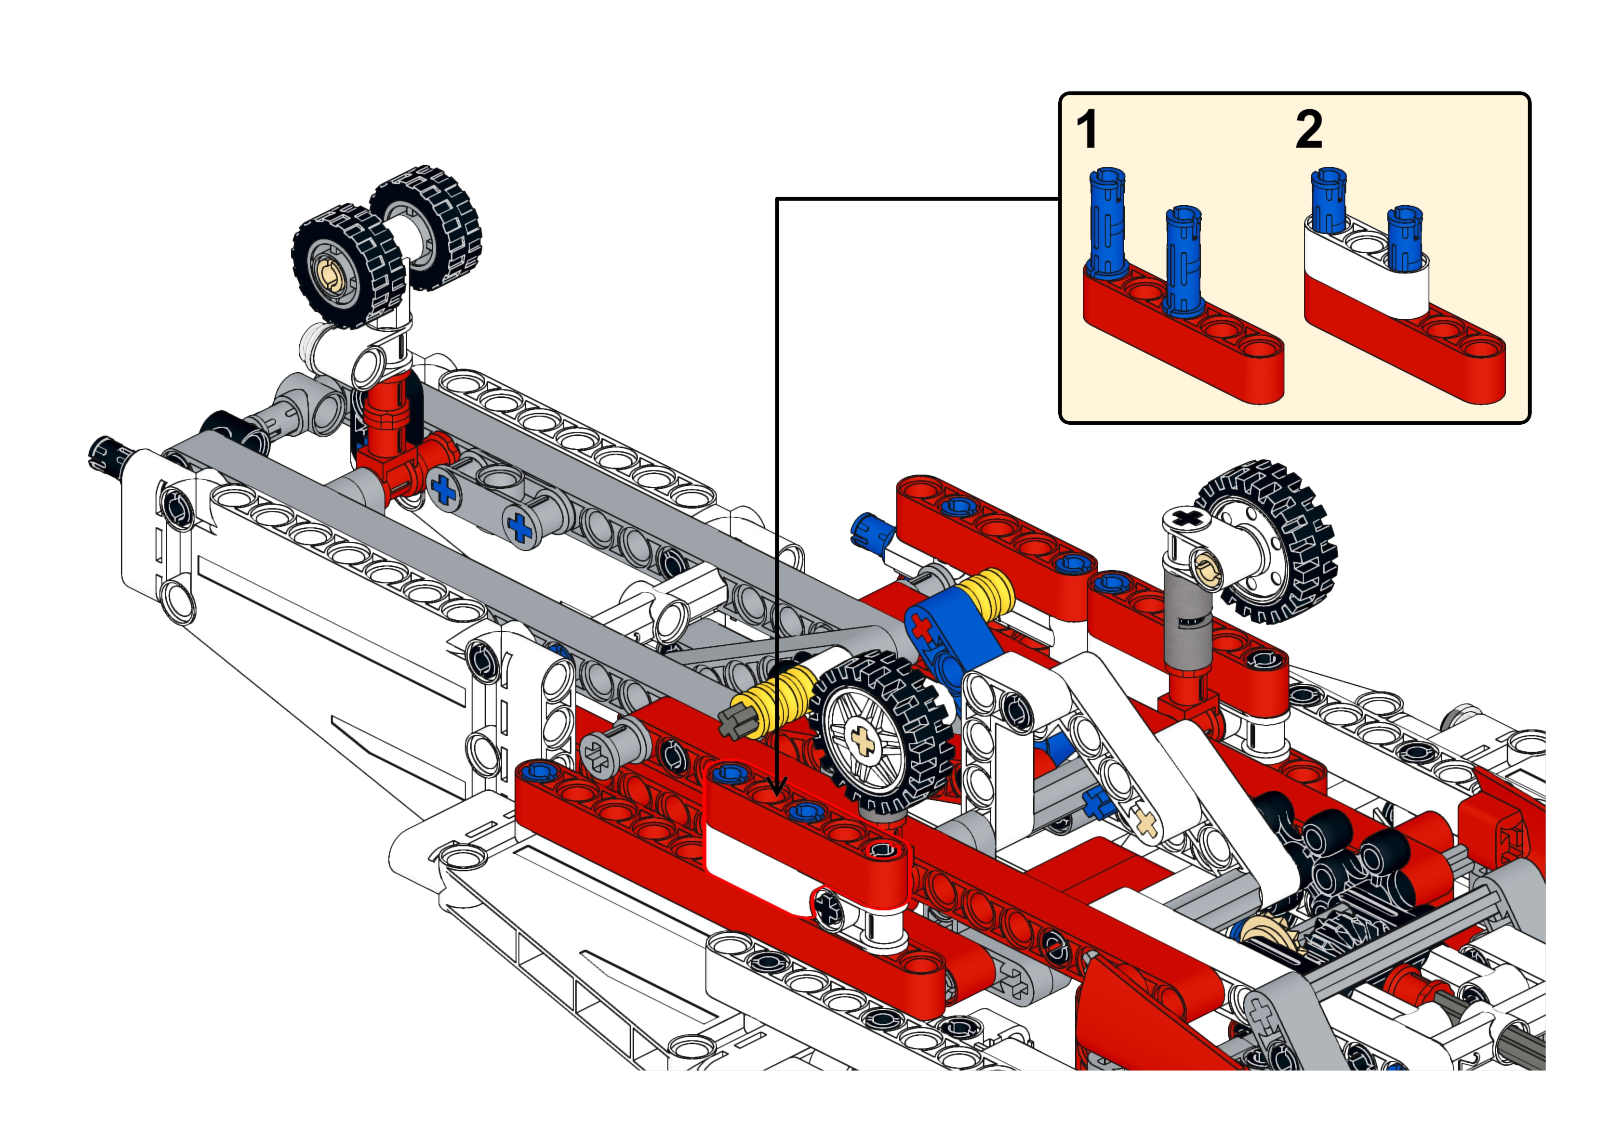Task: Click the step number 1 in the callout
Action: (x=1087, y=131)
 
